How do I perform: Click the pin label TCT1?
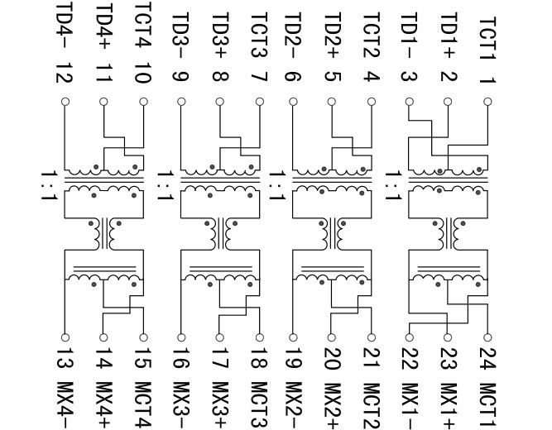488,35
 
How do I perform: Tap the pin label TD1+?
449,34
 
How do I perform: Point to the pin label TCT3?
259,34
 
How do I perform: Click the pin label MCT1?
487,399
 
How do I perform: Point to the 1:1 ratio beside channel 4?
52,184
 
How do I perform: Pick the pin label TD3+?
219,34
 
